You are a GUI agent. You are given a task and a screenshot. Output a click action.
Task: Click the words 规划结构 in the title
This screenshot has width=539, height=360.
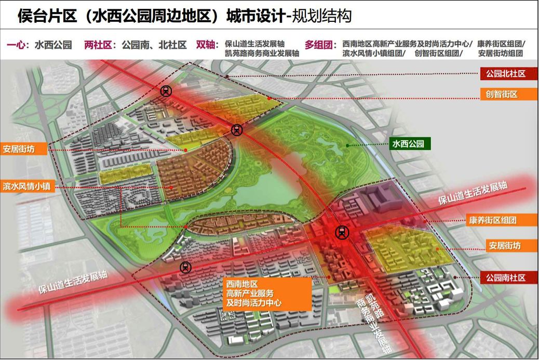coord(322,16)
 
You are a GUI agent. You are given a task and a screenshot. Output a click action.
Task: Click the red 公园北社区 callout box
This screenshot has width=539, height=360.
coord(503,74)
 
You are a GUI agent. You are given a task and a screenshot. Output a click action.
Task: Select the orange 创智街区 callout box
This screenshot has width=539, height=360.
coord(503,94)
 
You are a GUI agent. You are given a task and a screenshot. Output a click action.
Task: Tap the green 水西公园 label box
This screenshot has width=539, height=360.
coord(411,144)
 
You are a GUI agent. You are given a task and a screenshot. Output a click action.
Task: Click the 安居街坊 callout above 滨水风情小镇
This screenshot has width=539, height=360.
coord(24,150)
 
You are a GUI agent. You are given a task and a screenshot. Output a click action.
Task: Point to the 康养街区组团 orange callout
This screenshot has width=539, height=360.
coord(499,220)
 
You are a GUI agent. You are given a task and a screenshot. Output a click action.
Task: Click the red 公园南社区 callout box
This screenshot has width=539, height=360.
coord(503,278)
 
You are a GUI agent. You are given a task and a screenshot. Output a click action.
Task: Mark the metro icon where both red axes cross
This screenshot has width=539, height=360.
coord(342,232)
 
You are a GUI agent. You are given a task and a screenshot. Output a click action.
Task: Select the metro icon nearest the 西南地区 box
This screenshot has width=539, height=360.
coord(185,268)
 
